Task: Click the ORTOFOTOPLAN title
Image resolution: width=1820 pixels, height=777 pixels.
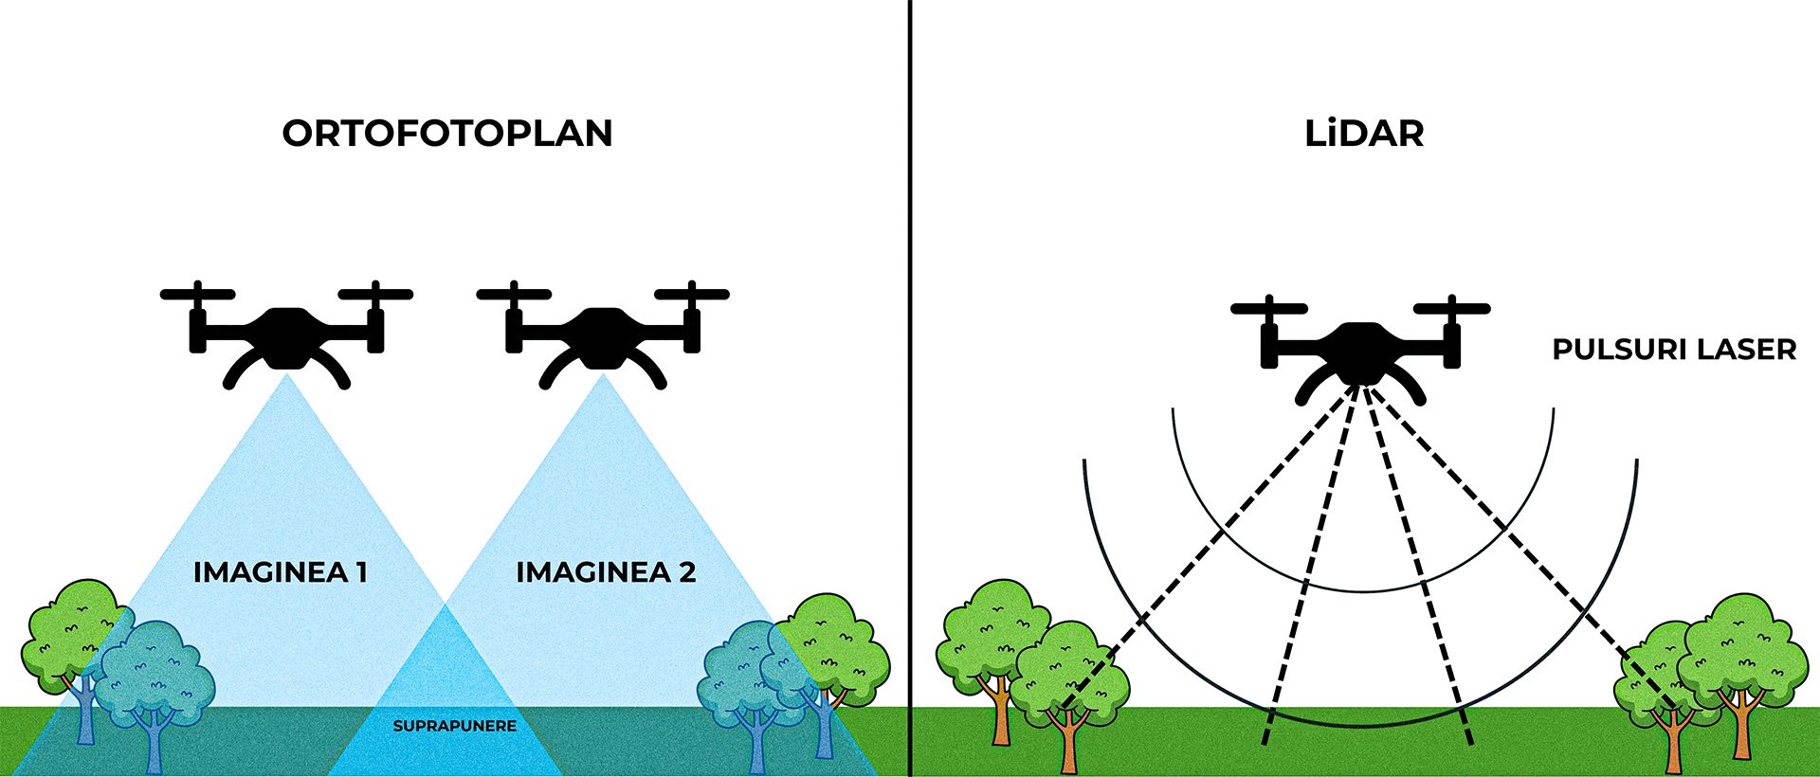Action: (x=447, y=134)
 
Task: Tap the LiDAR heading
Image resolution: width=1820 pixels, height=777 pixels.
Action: (x=1364, y=134)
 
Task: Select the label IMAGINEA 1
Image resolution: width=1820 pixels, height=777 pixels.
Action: (x=280, y=572)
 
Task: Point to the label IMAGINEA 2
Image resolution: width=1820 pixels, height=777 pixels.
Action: (x=606, y=572)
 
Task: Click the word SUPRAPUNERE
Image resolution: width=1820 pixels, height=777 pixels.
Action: (x=455, y=726)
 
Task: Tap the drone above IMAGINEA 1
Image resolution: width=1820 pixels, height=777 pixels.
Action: (x=286, y=336)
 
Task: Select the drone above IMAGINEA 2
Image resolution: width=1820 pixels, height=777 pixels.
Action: (x=602, y=336)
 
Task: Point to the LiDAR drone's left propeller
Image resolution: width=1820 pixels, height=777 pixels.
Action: (x=1268, y=309)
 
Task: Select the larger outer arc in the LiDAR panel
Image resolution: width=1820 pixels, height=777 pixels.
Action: (x=1362, y=725)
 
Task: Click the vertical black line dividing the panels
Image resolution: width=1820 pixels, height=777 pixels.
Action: (x=910, y=379)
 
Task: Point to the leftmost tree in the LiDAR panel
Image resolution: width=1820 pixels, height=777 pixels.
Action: (x=991, y=635)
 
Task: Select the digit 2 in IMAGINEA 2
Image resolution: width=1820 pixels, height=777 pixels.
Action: (x=687, y=572)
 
